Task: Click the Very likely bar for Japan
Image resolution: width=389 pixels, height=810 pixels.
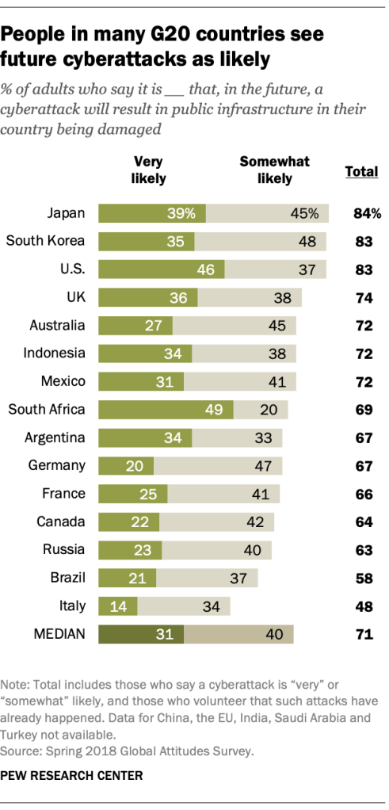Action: click(151, 212)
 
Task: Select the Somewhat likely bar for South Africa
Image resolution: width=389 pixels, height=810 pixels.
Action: click(261, 409)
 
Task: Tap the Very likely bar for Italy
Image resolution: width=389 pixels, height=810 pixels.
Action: click(117, 606)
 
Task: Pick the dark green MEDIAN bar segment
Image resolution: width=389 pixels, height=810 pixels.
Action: click(140, 634)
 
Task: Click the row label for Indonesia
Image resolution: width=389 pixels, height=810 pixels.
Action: click(55, 353)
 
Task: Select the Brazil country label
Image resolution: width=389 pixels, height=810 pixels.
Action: click(69, 578)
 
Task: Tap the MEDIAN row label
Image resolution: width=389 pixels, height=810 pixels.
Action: click(59, 634)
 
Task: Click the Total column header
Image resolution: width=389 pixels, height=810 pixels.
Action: click(362, 171)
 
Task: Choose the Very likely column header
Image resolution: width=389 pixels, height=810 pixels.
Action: click(148, 170)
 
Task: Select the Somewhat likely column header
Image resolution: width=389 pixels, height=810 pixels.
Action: click(274, 170)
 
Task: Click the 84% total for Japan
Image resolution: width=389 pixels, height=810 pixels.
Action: click(367, 213)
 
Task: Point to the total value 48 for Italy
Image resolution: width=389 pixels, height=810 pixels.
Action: click(364, 606)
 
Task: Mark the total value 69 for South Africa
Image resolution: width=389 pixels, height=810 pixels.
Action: click(364, 409)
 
